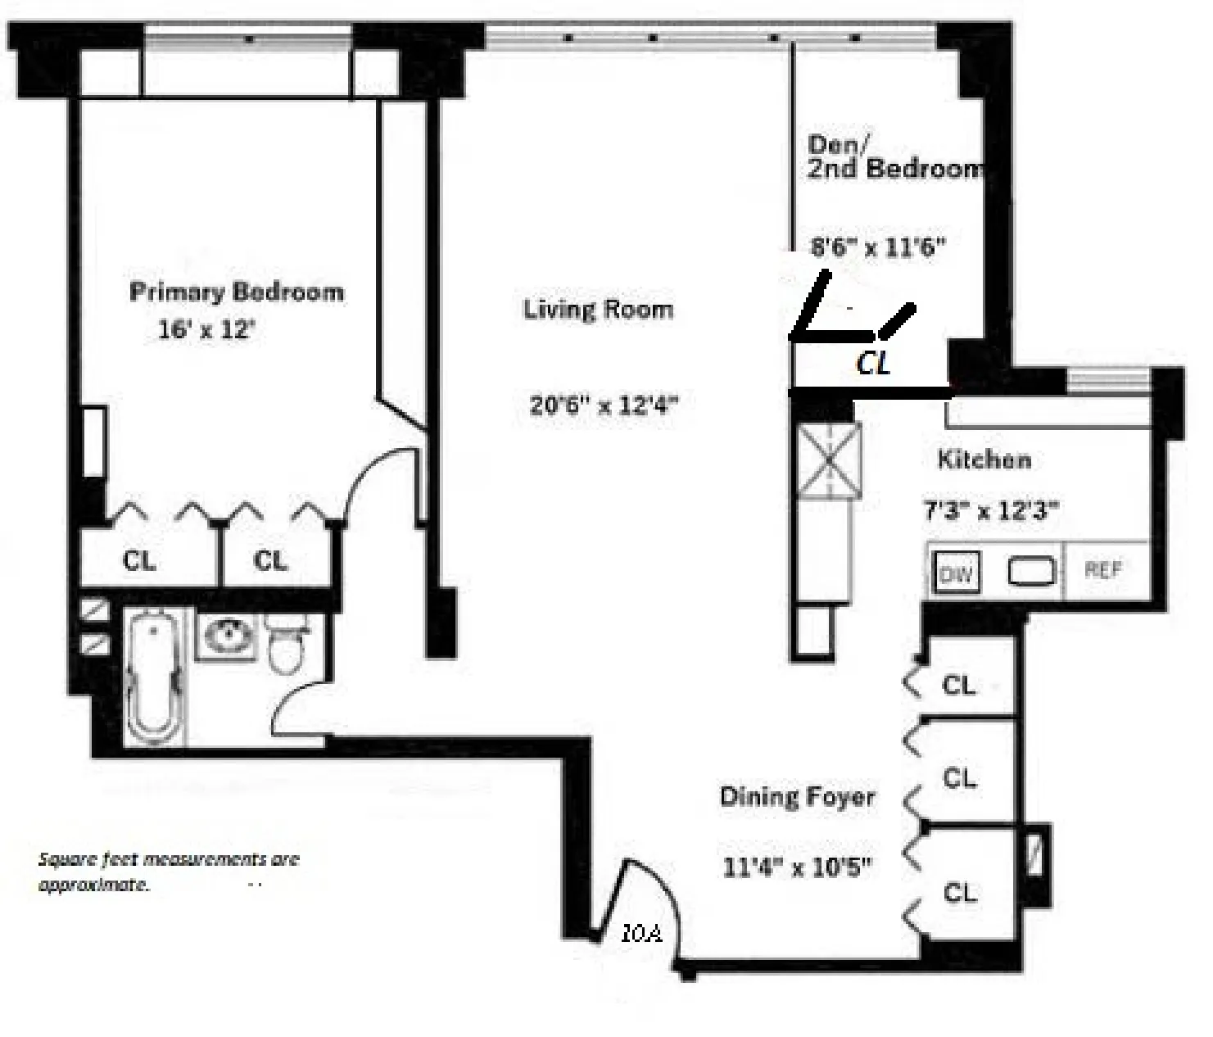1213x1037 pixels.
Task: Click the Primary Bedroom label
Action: [237, 292]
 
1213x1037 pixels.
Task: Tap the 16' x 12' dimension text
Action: [207, 330]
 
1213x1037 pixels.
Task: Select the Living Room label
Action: [598, 310]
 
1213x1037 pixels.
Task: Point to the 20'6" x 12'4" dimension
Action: [604, 405]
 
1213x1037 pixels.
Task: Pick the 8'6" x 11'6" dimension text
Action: [877, 246]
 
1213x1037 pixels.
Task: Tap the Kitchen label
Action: [984, 460]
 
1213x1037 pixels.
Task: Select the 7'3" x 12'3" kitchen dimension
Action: [991, 511]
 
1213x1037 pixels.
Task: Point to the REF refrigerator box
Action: [1103, 570]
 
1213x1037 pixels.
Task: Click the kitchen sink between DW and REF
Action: [1030, 571]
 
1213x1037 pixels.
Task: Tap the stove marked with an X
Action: [829, 460]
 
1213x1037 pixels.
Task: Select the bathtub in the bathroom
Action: [155, 677]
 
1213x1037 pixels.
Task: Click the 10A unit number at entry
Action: [640, 933]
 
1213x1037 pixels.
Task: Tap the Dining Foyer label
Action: [797, 797]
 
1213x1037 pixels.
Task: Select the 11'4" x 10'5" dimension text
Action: [797, 867]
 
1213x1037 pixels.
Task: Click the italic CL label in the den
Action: [873, 363]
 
